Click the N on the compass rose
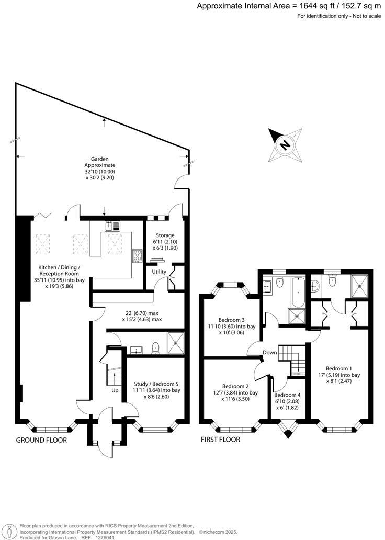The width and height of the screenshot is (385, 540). (x=285, y=145)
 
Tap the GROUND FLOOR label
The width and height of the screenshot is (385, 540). (x=41, y=440)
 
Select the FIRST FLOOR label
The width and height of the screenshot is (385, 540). (x=221, y=440)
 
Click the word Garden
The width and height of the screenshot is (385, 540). (x=99, y=158)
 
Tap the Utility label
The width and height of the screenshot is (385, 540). (x=159, y=272)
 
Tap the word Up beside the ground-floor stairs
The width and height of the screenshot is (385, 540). (x=115, y=390)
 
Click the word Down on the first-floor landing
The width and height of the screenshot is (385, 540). (x=269, y=352)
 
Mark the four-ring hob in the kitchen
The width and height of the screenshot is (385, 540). (x=138, y=255)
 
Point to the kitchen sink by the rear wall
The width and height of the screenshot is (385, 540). (x=112, y=226)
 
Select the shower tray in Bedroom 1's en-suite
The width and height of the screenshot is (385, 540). (x=360, y=286)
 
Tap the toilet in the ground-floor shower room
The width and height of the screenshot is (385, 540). (x=155, y=348)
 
